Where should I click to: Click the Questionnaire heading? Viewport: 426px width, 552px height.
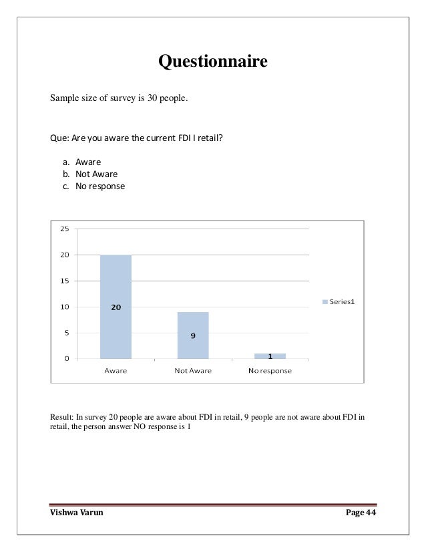click(212, 62)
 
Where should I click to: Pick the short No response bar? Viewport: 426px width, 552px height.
click(270, 356)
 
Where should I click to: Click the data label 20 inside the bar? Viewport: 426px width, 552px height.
click(116, 307)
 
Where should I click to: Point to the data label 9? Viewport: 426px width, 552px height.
click(193, 335)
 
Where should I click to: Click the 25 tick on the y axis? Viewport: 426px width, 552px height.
click(64, 229)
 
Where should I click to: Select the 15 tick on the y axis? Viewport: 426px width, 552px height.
click(64, 281)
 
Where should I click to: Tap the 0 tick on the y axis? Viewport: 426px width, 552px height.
click(67, 359)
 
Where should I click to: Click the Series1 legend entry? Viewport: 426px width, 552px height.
click(339, 301)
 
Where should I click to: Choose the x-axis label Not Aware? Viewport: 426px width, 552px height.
click(193, 371)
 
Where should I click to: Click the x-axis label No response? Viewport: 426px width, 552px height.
click(270, 371)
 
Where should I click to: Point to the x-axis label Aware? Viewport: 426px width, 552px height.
click(116, 371)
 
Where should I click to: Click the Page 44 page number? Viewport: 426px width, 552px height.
click(361, 513)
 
